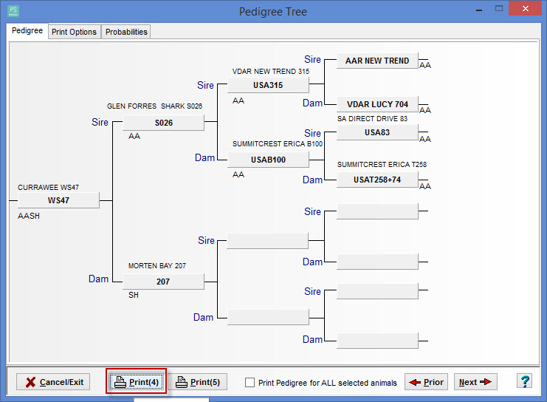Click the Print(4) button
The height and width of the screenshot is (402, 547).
tap(137, 382)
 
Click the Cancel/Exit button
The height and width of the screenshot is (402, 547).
tap(53, 382)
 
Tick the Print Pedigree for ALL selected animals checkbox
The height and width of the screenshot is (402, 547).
tap(250, 383)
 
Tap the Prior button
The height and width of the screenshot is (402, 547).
tap(426, 382)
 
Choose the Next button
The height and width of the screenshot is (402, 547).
tap(475, 382)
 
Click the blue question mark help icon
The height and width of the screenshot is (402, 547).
tap(525, 381)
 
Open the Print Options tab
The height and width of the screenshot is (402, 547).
tap(75, 32)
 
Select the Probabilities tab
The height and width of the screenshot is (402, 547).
tap(126, 32)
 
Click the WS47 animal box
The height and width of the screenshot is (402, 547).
tap(58, 200)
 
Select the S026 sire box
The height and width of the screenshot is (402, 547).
tap(163, 123)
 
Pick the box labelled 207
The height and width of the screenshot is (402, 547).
tap(163, 282)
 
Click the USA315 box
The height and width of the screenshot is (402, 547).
tap(268, 85)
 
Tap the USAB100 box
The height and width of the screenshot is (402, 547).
tap(268, 160)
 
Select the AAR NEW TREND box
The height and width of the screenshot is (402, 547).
tap(377, 61)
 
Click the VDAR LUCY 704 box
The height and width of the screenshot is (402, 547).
tap(377, 104)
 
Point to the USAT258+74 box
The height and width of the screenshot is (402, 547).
tap(377, 180)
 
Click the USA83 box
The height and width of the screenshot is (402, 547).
tap(377, 132)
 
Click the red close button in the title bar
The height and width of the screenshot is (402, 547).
tap(525, 8)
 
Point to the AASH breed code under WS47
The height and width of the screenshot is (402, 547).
tap(29, 216)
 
